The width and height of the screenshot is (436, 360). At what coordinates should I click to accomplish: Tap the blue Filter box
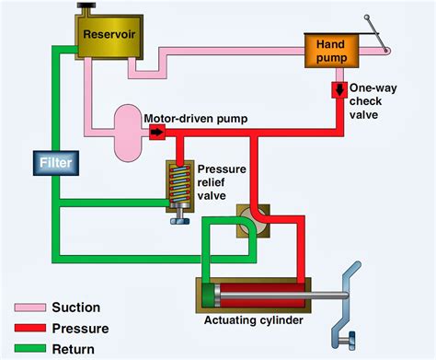click(54, 164)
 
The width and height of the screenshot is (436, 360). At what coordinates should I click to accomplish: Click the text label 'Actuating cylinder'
click(257, 321)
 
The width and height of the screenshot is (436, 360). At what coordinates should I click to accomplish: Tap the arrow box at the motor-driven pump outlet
click(156, 133)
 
